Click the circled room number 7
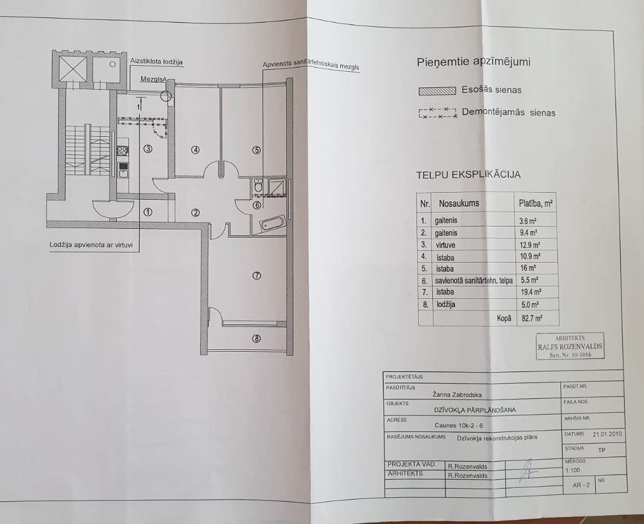pos(257,276)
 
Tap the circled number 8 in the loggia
pos(257,339)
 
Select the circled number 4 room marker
pos(195,150)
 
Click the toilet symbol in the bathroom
pos(258,186)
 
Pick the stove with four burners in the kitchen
pos(122,150)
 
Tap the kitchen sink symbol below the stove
pos(123,170)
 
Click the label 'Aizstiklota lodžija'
pos(156,62)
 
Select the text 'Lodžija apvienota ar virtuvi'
pos(91,245)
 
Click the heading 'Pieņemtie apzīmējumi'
pos(474,62)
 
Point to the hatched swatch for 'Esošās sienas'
pos(437,91)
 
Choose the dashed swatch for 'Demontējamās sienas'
pos(438,113)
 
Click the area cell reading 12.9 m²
pos(530,245)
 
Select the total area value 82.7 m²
pos(532,318)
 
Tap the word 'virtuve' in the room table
pos(446,245)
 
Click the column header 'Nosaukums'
pos(459,203)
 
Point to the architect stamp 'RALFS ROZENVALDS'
pos(570,346)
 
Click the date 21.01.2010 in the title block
pos(607,434)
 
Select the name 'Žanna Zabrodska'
pos(457,395)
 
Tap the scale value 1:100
pos(572,470)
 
